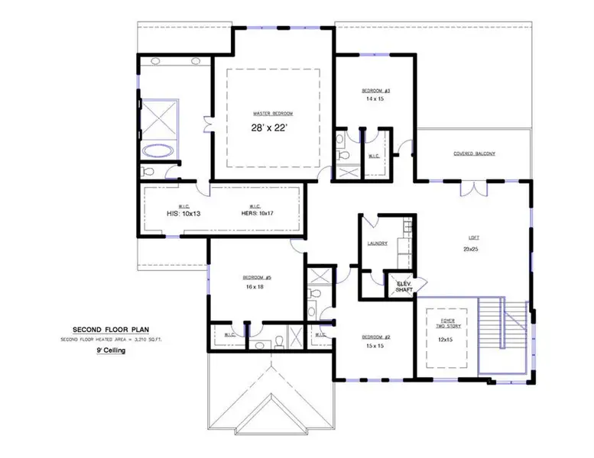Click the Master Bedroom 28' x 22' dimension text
point(272,127)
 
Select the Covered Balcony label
point(474,153)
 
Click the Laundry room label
point(376,244)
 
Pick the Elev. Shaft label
point(402,286)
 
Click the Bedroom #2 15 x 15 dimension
point(375,346)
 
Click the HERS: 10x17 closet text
point(256,214)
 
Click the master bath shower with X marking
point(159,118)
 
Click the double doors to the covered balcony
point(476,185)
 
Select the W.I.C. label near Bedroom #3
point(374,156)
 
